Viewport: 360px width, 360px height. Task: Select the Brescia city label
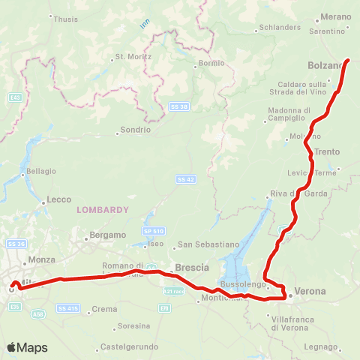coord(190,267)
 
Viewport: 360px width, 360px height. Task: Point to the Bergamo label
coord(108,235)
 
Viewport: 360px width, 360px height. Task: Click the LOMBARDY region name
coord(103,210)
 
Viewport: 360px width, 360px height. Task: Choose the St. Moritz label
coord(133,57)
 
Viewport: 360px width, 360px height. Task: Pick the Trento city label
coord(327,151)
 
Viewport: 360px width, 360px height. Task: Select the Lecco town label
coord(58,199)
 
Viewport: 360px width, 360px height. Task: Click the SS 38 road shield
coord(177,106)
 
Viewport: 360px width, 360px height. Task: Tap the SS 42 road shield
coord(186,179)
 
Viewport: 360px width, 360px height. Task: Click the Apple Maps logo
coord(27,347)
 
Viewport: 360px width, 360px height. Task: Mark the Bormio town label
coord(210,64)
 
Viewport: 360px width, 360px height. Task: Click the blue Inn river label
coord(144,24)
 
